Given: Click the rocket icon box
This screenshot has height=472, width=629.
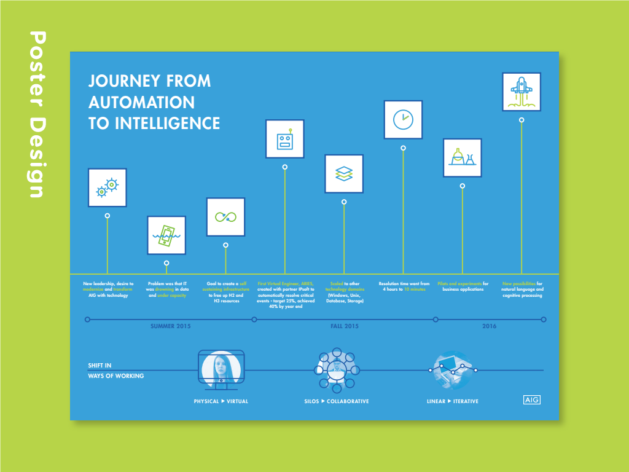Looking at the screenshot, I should click(x=522, y=92).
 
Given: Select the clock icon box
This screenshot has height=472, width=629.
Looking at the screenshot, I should click(x=403, y=119).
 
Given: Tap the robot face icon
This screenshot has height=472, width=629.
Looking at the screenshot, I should click(x=284, y=139).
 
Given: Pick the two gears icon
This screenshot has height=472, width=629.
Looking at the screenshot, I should click(x=107, y=187).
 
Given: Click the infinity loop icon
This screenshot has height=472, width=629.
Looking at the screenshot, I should click(x=225, y=217).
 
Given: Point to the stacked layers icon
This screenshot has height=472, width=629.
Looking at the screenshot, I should click(x=344, y=174).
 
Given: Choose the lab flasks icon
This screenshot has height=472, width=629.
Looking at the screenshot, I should click(x=462, y=158).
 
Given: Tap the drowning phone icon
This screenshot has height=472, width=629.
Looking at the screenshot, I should click(x=166, y=235).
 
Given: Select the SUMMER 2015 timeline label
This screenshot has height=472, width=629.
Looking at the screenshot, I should click(x=171, y=326).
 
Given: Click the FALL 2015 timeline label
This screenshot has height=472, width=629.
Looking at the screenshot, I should click(x=345, y=326).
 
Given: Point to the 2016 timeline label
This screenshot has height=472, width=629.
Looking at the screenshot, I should click(x=489, y=326).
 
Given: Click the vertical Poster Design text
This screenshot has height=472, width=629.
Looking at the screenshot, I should click(x=37, y=115).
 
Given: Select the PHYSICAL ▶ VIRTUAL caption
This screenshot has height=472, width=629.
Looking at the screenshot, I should click(x=221, y=401).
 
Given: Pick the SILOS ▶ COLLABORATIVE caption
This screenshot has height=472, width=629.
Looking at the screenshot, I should click(x=337, y=401).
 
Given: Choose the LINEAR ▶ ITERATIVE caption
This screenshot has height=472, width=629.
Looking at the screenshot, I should click(x=453, y=401).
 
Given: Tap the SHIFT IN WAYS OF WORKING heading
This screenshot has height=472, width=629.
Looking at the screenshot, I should click(x=115, y=371).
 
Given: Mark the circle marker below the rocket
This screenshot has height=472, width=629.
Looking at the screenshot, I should click(x=522, y=120).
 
